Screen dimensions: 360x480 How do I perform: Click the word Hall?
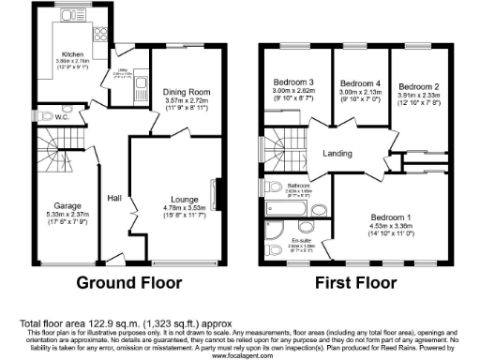[x=114, y=198]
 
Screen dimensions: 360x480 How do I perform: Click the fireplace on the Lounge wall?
[x=217, y=197]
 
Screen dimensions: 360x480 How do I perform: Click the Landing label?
[x=337, y=155]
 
